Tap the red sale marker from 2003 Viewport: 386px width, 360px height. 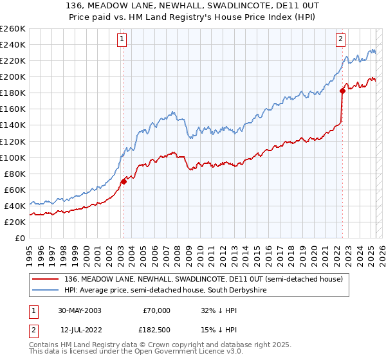click(x=124, y=181)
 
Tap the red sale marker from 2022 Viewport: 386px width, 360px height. click(x=342, y=91)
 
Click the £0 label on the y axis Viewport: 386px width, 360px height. click(x=19, y=238)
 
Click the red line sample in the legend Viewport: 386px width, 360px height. click(x=45, y=279)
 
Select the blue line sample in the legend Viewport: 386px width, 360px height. click(x=45, y=291)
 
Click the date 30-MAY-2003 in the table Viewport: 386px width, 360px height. click(x=79, y=310)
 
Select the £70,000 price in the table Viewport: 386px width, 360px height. click(x=156, y=310)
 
